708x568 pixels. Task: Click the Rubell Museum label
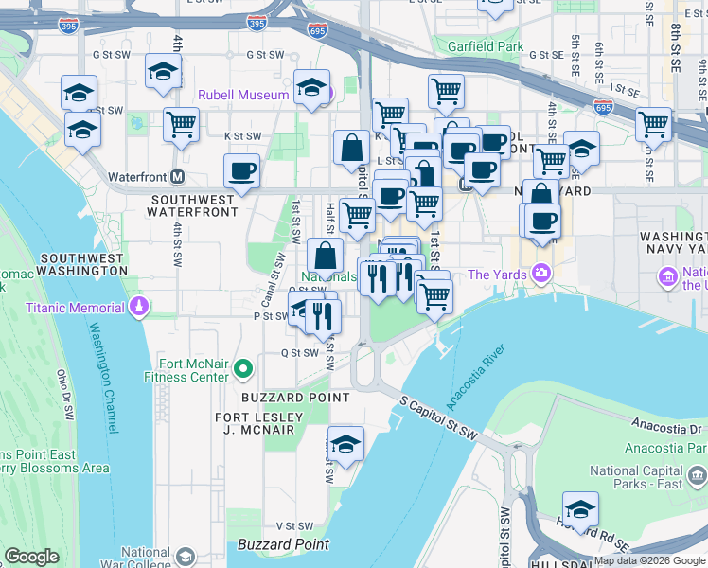243,95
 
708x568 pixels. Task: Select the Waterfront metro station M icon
177,177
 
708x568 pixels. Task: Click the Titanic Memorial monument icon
140,306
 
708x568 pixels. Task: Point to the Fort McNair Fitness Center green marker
244,368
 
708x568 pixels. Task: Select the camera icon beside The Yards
540,275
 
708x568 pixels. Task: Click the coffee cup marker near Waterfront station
241,172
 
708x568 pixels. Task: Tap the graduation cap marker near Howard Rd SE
579,509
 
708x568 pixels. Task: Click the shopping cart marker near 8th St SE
653,124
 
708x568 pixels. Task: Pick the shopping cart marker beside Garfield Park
446,92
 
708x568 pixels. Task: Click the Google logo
31,557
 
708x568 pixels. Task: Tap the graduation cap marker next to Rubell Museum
311,88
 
